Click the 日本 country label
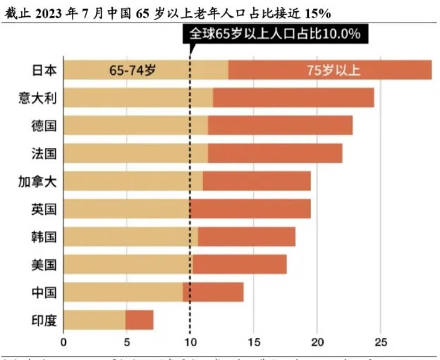coord(44,70)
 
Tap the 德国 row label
coord(44,126)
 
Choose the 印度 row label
coord(44,320)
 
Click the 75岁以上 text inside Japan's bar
coord(334,70)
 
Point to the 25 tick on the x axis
coord(380,343)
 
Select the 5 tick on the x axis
coord(126,343)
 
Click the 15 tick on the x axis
coord(253,343)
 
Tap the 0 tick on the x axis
coord(63,343)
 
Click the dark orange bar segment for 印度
coord(140,320)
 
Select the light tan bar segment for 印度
coord(94,320)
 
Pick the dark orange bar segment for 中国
coord(213,292)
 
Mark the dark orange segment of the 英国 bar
coord(250,209)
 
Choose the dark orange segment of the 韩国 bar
coord(247,237)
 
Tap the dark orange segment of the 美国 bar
coord(240,264)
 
